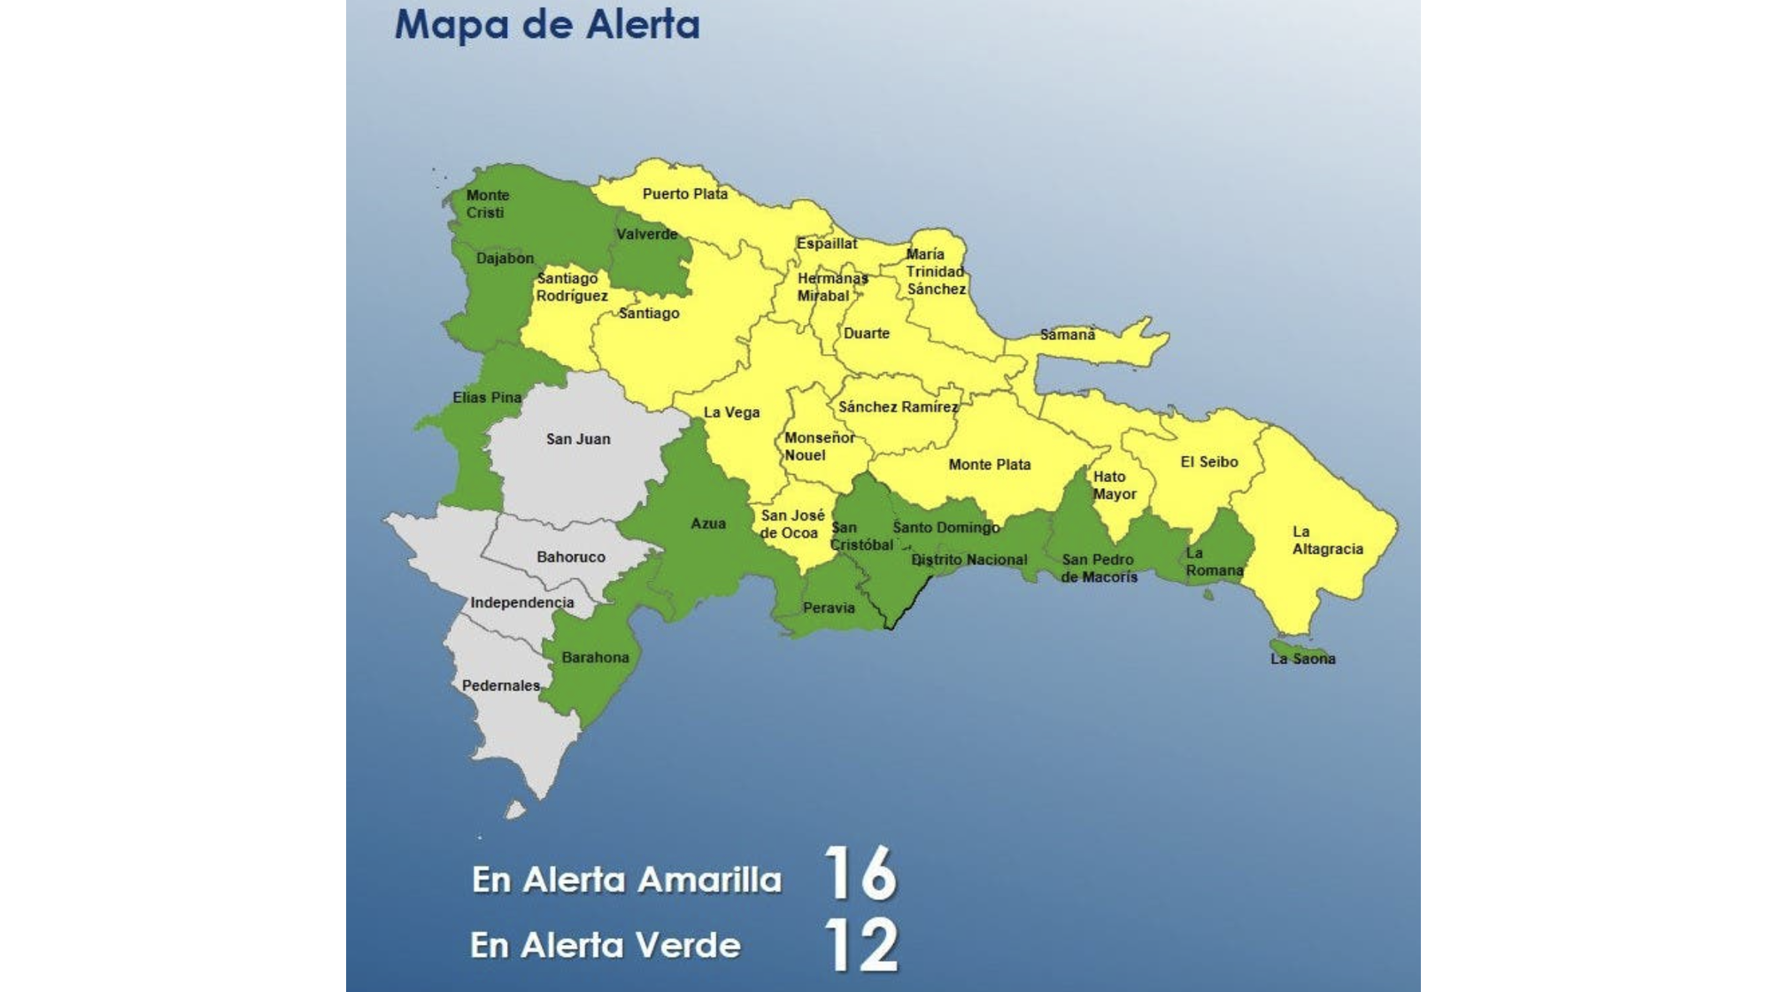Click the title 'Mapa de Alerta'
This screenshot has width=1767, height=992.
[x=546, y=24]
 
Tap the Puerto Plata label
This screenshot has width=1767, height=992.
[x=684, y=194]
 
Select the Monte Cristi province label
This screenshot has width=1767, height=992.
[x=487, y=204]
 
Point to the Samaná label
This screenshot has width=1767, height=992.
[x=1067, y=335]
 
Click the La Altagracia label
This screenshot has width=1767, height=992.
[x=1326, y=540]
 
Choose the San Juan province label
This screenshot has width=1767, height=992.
[x=577, y=439]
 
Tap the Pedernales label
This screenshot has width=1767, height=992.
[x=500, y=686]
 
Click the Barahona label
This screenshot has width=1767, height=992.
[x=595, y=657]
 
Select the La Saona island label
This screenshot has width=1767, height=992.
[x=1302, y=659]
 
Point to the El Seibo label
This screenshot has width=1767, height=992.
[x=1208, y=462]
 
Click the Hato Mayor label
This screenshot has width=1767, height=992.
[x=1113, y=485]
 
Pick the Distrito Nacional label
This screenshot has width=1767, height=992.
[x=968, y=560]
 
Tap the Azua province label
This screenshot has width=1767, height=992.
[x=707, y=524]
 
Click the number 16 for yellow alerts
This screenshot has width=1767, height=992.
[x=860, y=873]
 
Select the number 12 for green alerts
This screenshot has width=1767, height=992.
[x=860, y=945]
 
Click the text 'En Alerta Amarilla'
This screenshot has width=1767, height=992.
[x=626, y=880]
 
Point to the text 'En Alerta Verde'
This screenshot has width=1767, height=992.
[x=605, y=946]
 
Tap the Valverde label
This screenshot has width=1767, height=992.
[x=646, y=235]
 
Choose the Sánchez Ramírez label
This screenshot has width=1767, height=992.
[x=897, y=407]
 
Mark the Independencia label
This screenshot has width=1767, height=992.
[x=521, y=603]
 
